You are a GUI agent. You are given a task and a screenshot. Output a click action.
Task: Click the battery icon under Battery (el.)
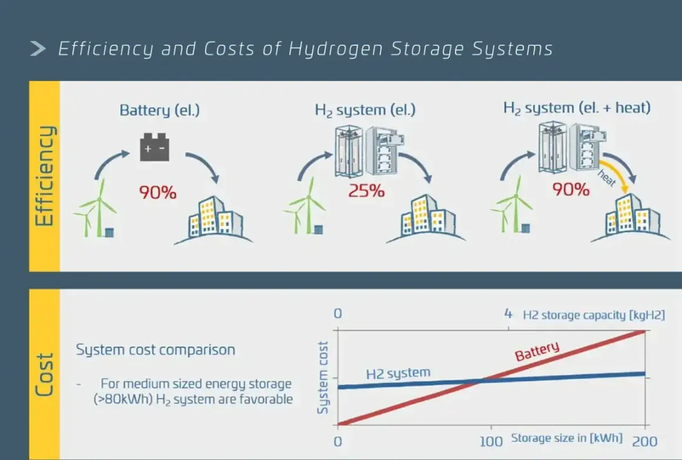155,147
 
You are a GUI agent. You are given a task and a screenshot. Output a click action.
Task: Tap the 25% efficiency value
366,191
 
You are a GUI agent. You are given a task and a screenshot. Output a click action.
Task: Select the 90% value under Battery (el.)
158,192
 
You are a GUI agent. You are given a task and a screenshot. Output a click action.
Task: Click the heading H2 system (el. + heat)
577,108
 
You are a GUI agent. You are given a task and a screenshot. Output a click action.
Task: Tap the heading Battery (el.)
160,110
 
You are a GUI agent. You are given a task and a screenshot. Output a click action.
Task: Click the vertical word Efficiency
44,176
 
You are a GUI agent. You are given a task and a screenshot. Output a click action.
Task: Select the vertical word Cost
44,374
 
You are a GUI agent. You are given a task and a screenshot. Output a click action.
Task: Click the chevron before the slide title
38,48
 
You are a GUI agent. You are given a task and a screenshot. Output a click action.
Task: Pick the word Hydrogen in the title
335,49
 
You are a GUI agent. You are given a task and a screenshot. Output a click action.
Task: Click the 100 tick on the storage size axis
491,441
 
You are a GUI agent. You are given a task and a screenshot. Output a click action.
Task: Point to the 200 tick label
644,441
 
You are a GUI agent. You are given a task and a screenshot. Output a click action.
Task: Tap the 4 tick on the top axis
508,314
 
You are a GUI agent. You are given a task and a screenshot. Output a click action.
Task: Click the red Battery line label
537,351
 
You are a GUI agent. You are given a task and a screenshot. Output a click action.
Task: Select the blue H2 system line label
398,373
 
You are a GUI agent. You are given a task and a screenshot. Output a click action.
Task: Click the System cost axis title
322,377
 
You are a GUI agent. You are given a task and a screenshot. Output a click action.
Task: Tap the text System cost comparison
155,350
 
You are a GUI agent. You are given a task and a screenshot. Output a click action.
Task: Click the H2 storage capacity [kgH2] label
594,315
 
